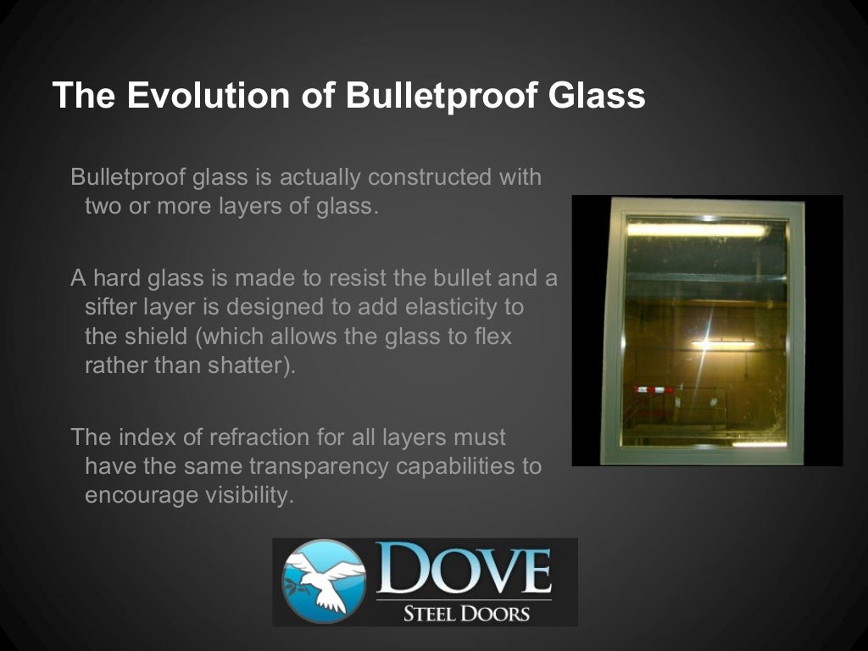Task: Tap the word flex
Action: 493,336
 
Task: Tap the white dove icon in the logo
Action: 323,581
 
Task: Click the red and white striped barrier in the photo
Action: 654,390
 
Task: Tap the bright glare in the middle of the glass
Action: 709,343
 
